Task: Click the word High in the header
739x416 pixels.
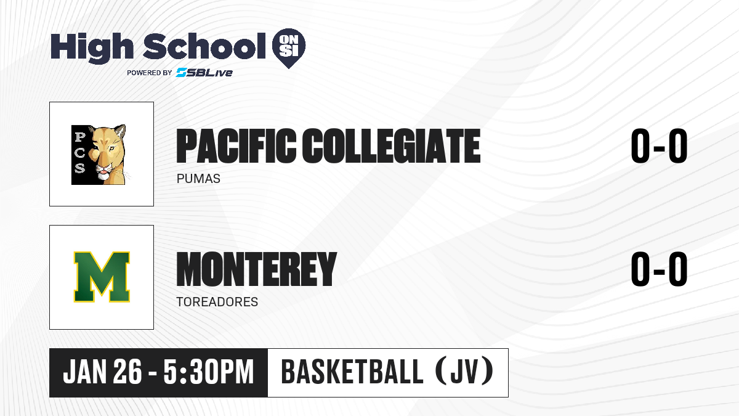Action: (92, 47)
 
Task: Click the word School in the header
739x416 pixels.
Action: (204, 46)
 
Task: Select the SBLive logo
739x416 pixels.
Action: (204, 72)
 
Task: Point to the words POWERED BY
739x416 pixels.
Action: (150, 73)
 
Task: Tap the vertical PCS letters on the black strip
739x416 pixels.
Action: (79, 153)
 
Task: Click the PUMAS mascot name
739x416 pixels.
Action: (198, 179)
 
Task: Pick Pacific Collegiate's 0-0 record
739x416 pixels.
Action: (659, 146)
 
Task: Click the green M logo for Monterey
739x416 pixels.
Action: (102, 277)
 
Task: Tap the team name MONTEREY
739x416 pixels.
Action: (257, 269)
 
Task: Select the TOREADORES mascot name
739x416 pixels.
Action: (217, 302)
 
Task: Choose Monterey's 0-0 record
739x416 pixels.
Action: (659, 269)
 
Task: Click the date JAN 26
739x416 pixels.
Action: (103, 372)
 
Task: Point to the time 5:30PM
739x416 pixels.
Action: (209, 372)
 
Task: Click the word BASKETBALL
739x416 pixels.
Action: (352, 372)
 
